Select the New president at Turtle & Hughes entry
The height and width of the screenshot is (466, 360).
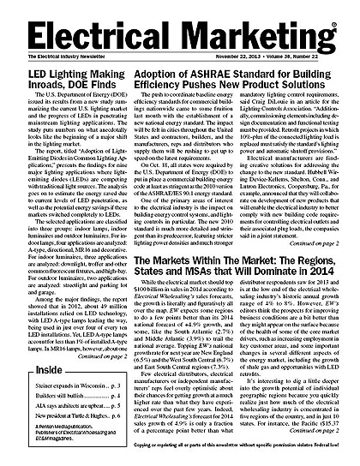(68, 424)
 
